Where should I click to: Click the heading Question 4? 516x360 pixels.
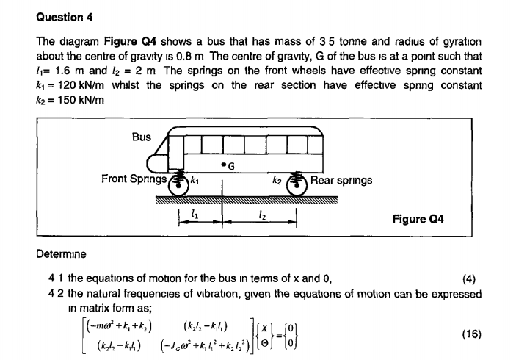[65, 17]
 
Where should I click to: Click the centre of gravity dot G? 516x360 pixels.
[223, 165]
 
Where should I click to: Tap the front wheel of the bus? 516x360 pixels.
[178, 186]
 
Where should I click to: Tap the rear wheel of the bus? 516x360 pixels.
[297, 186]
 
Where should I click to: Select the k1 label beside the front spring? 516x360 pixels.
[195, 180]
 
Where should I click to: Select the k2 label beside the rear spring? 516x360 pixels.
[277, 180]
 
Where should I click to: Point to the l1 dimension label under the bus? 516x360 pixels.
[195, 215]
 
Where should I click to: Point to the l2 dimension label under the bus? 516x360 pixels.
[262, 215]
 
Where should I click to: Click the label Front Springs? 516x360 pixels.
[134, 179]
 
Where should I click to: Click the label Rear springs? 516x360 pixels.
[341, 180]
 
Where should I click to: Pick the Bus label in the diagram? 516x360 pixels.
[142, 137]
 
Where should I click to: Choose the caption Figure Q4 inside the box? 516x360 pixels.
[418, 219]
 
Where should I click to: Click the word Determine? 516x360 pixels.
[61, 254]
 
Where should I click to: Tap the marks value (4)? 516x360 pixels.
[469, 279]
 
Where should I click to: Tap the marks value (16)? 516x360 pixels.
[471, 334]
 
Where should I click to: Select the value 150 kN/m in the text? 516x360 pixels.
[81, 100]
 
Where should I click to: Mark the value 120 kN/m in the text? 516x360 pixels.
[81, 85]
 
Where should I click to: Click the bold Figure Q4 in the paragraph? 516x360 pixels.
[131, 41]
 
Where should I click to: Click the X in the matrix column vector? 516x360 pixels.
[264, 328]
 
